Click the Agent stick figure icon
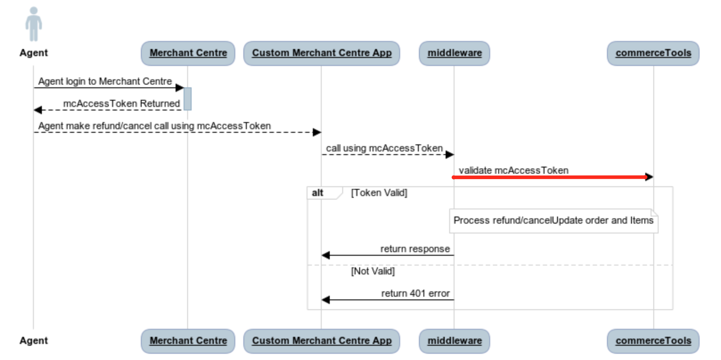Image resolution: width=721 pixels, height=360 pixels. click(33, 24)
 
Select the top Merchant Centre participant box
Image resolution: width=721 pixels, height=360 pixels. click(188, 53)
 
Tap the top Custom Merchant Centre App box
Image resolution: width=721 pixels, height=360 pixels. click(321, 53)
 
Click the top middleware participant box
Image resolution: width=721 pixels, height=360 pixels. click(454, 53)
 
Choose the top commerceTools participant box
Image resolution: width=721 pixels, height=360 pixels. click(653, 53)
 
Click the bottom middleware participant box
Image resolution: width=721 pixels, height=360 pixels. click(454, 341)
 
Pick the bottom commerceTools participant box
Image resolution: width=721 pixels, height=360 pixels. click(653, 341)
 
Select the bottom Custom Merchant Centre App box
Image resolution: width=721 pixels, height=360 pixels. click(321, 341)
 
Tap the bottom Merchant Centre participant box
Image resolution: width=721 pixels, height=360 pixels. click(188, 341)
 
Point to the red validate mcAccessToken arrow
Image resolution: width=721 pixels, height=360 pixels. click(550, 177)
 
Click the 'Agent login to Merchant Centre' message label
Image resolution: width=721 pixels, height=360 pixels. click(105, 81)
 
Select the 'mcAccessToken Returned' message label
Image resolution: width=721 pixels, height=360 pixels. click(121, 103)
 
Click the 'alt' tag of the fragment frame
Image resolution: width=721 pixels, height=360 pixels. click(318, 193)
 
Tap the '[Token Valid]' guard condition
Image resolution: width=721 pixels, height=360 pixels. click(379, 193)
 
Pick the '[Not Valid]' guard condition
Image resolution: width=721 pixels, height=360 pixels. click(373, 271)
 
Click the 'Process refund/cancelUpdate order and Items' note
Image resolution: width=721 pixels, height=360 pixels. click(553, 221)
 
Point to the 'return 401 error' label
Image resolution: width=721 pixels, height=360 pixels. click(415, 293)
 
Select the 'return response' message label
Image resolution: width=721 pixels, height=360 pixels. click(415, 249)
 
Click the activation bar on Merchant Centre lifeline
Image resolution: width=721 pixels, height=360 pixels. click(188, 98)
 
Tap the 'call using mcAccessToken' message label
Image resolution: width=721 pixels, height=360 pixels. click(384, 148)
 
